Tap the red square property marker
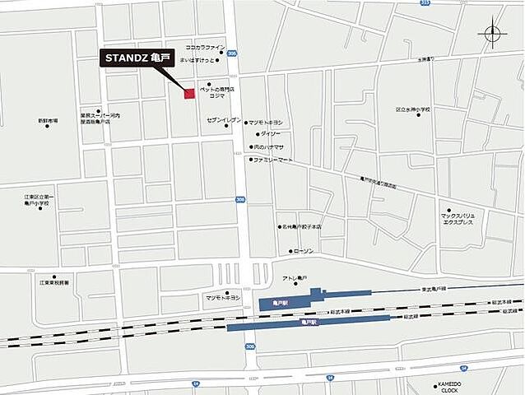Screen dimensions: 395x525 [x=189, y=94]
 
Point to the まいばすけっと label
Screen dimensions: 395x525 [x=196, y=60]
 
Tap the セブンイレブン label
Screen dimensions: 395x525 [x=223, y=120]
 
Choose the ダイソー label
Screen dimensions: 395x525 [x=271, y=133]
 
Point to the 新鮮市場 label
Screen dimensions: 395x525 [x=48, y=121]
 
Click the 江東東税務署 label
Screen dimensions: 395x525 [x=54, y=283]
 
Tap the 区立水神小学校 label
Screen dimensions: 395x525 [x=413, y=109]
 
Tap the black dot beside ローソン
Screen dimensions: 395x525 [x=288, y=251]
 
